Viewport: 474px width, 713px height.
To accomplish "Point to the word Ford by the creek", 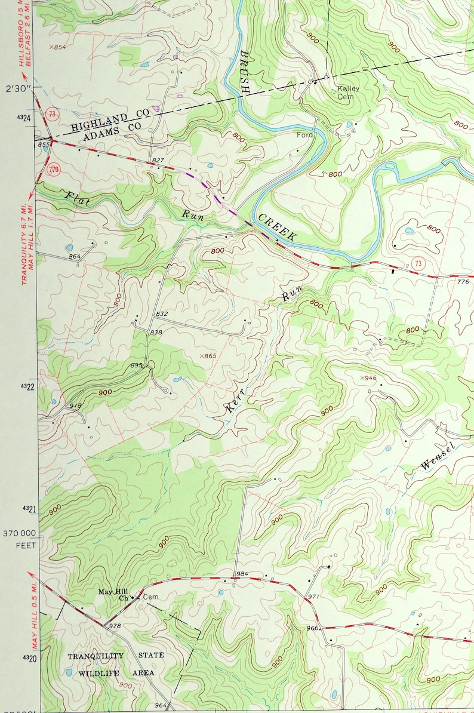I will click(x=304, y=136).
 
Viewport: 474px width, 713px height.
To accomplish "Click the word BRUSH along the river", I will click(x=244, y=72).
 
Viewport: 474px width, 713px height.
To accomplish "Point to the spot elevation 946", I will click(x=368, y=378).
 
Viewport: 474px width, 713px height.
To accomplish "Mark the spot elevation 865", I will click(x=208, y=356).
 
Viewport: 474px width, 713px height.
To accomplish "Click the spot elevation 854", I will click(x=57, y=47).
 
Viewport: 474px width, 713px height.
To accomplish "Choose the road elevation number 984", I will click(x=242, y=574).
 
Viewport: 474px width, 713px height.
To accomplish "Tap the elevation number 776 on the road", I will click(x=463, y=281).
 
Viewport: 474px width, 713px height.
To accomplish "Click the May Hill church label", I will click(x=113, y=594).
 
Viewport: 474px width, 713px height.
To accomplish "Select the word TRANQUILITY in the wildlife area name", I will click(x=96, y=656).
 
